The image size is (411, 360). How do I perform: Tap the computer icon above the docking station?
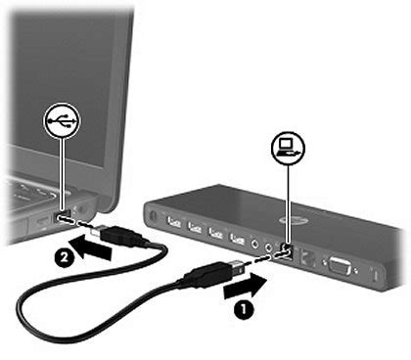pos(288,148)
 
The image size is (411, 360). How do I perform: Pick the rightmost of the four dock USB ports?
pos(236,239)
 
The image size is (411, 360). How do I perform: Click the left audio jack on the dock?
pos(256,245)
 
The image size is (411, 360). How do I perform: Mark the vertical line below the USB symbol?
pos(65,171)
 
